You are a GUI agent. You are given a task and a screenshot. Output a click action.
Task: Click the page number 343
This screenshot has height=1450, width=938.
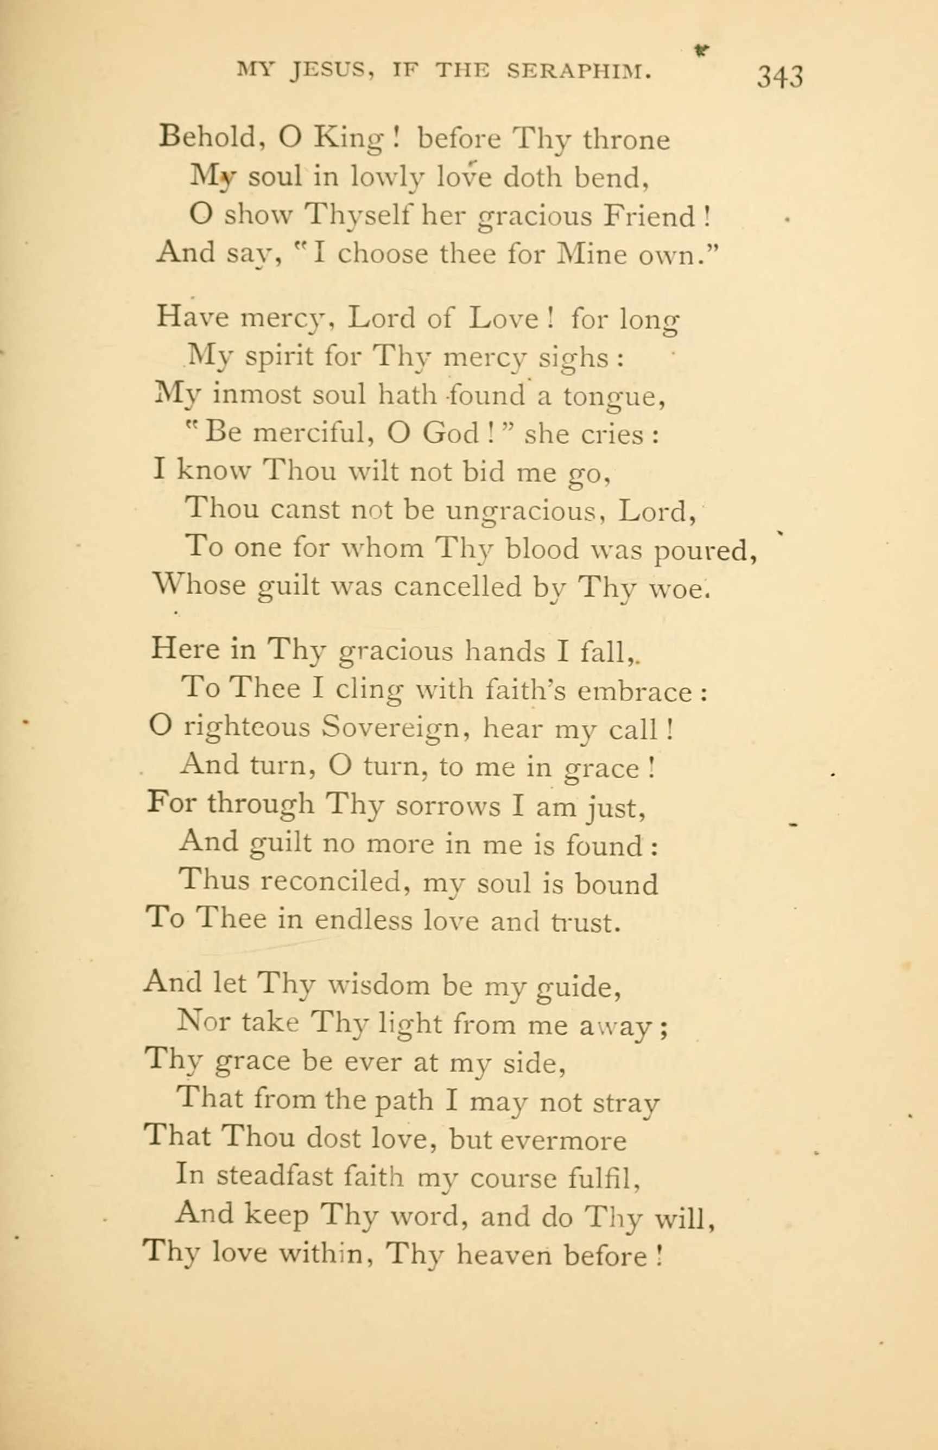pos(779,78)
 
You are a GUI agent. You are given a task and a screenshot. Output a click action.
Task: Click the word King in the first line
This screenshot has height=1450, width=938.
pos(348,140)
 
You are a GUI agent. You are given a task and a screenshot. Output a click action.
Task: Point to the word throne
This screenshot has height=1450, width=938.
pos(626,140)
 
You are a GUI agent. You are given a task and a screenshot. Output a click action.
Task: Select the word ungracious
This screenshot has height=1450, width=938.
pos(524,510)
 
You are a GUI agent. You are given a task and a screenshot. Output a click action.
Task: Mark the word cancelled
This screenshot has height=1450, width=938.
pos(458,586)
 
